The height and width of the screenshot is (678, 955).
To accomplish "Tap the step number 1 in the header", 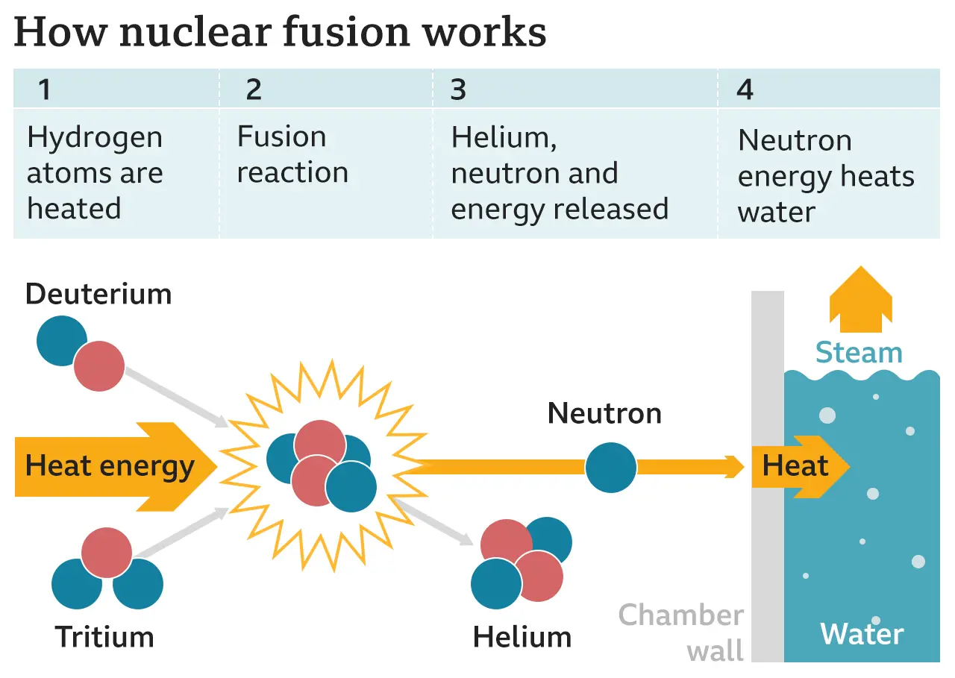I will point(45,90).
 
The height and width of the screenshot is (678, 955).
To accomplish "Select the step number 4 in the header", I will point(745,90).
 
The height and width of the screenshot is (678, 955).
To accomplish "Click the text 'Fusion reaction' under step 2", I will point(292,155).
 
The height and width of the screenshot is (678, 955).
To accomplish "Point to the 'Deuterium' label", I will point(98,294).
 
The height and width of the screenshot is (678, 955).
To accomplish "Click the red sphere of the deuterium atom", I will point(99,366).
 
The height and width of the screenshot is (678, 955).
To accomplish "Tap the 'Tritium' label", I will point(104,638).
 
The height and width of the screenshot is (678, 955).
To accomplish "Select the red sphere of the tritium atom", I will point(107,553).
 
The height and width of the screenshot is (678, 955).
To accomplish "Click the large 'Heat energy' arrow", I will point(112,467).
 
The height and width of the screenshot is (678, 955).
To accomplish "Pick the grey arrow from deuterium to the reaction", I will point(176,396).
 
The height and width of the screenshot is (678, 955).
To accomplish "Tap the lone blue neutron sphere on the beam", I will point(610,467).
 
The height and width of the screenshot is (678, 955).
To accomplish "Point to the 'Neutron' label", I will point(604,413).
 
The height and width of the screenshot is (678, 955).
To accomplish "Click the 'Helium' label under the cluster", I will point(522,638).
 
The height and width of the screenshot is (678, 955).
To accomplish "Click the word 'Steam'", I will point(859,352).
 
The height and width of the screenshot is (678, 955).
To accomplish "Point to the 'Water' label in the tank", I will point(862,635).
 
